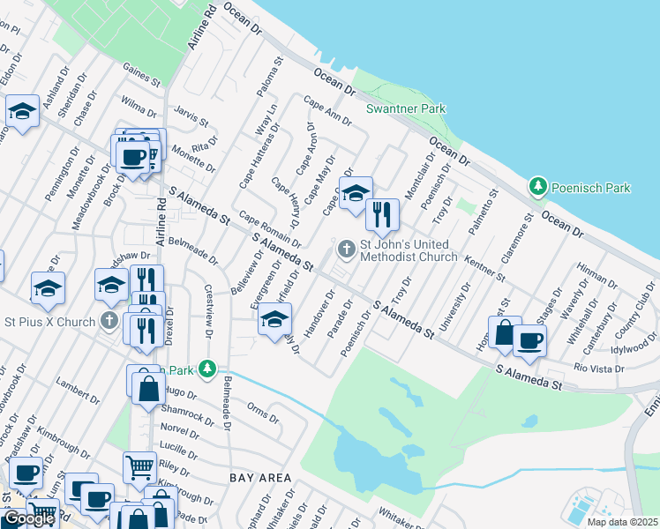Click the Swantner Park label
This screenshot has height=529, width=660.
pos(406,108)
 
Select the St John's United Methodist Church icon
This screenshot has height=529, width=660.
pos(346,250)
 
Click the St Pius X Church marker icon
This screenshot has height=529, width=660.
pos(110,321)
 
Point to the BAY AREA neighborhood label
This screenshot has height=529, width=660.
pos(260,478)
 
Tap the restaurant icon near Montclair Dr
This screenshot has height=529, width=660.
pos(382,214)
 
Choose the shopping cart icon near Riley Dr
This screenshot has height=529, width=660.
pos(140,466)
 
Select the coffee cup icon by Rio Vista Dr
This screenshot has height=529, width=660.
pos(529,340)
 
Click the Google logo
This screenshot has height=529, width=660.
pos(29,518)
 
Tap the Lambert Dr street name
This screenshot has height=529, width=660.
pos(75,388)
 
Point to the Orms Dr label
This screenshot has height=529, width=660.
pos(263,410)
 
